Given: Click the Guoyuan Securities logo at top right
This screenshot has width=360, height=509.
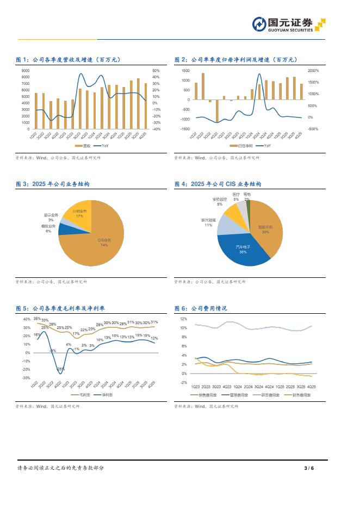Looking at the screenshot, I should (x=288, y=24).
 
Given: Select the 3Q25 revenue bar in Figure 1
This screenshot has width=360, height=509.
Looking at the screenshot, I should (x=138, y=104).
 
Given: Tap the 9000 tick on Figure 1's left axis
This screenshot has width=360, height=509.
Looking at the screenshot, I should (x=26, y=71).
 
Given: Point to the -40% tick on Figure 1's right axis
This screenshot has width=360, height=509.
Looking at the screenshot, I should (x=156, y=129).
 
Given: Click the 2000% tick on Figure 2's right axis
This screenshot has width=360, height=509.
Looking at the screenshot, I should (x=313, y=71).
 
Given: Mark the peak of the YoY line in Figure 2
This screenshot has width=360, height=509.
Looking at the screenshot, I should (x=259, y=74).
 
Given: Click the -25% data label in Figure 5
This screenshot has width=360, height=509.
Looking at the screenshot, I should (x=60, y=369).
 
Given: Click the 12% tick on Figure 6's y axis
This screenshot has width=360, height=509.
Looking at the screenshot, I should (x=183, y=319).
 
